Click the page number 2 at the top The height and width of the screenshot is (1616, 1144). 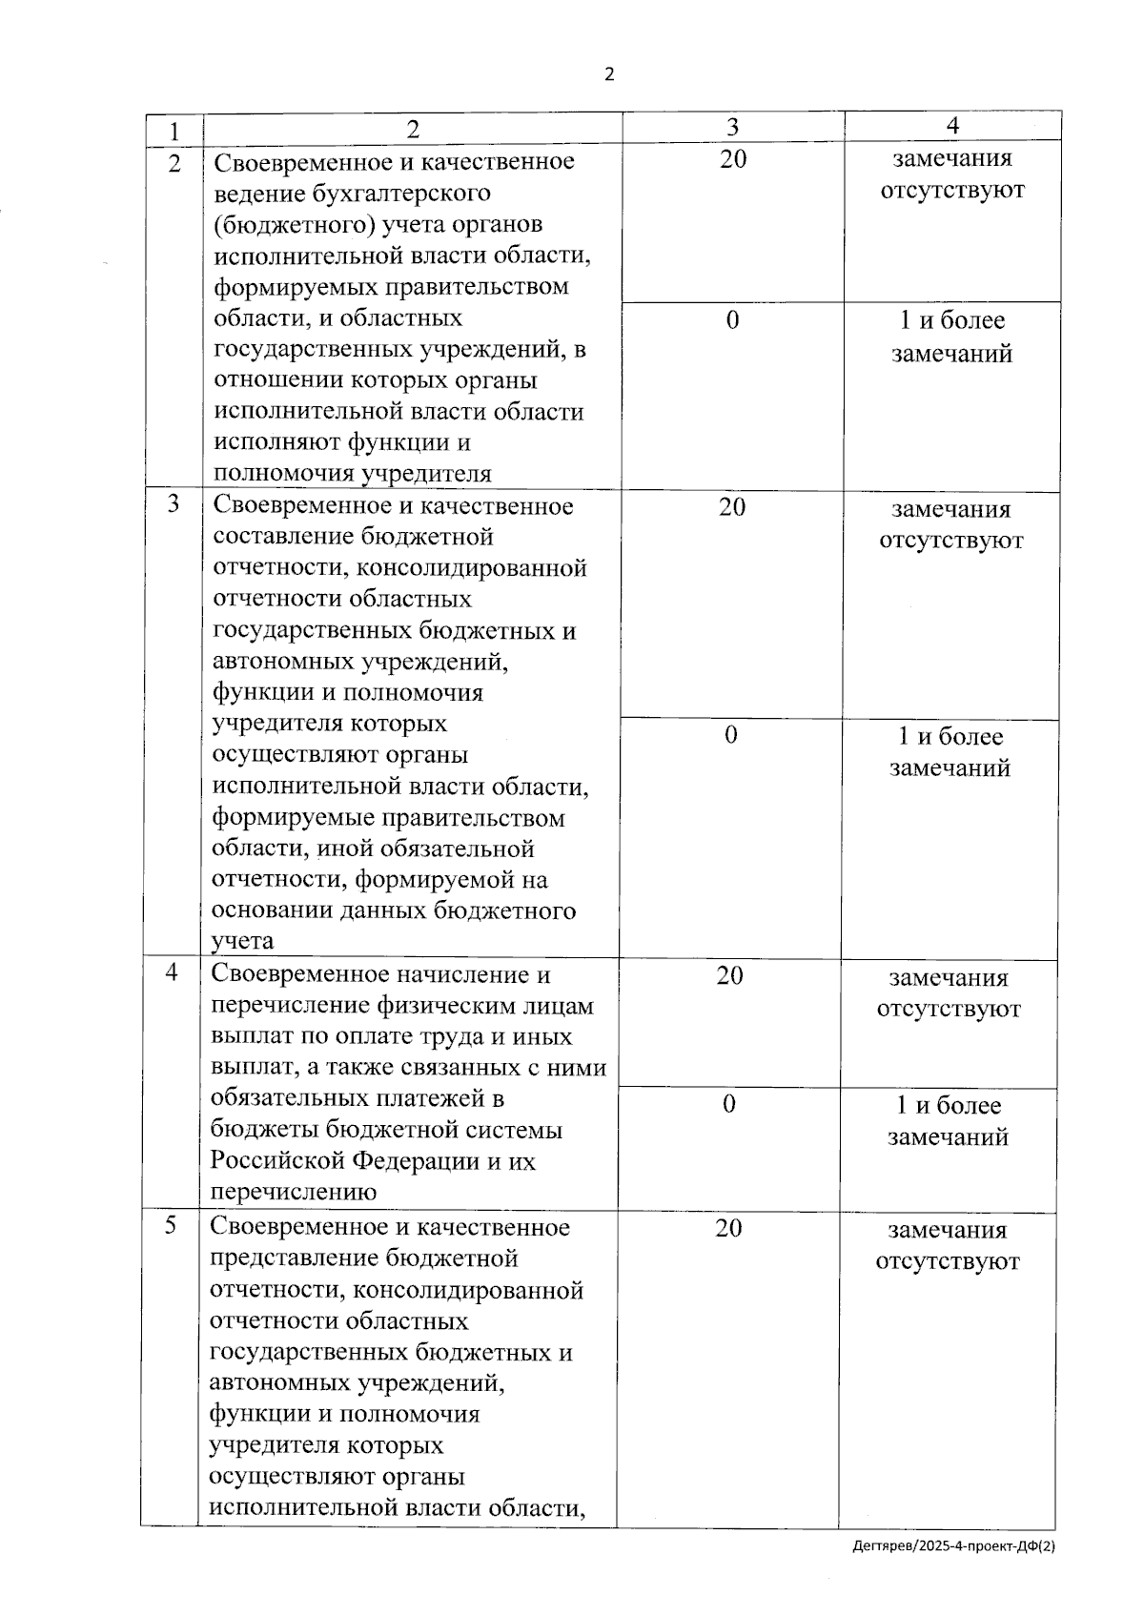click(x=609, y=74)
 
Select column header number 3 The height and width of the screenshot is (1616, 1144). click(x=732, y=127)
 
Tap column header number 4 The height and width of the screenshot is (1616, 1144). click(x=952, y=126)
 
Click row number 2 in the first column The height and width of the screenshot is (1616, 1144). click(x=174, y=164)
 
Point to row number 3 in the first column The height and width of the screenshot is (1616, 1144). click(x=174, y=504)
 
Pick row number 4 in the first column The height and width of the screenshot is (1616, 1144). click(x=172, y=972)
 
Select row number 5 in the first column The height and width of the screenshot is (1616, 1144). click(x=171, y=1225)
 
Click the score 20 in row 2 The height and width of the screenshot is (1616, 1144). click(x=732, y=159)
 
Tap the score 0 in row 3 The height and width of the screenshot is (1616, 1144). click(x=730, y=735)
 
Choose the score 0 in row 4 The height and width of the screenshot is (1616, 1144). click(x=728, y=1104)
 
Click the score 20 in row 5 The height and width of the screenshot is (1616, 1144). click(x=728, y=1228)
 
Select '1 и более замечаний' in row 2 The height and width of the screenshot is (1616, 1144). click(x=951, y=337)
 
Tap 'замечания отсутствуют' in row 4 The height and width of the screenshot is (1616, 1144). click(x=948, y=992)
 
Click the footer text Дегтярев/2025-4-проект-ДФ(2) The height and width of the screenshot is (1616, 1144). click(x=953, y=1574)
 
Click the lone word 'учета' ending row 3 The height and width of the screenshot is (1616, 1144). click(x=242, y=941)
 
